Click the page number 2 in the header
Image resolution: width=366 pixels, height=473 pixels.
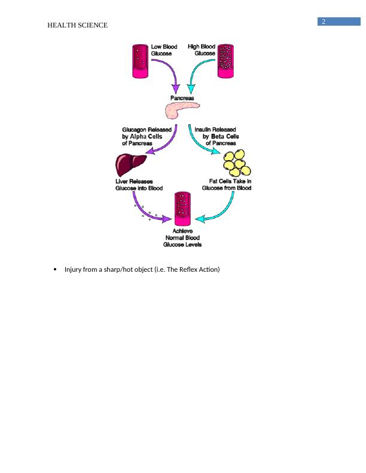[324, 22]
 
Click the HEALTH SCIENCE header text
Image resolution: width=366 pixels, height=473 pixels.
[78, 25]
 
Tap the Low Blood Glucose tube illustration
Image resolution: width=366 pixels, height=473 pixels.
[141, 60]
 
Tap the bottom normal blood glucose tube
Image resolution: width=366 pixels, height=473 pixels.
[182, 210]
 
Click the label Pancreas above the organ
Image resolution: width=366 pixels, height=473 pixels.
[182, 97]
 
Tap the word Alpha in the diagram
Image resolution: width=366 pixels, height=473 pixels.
[140, 136]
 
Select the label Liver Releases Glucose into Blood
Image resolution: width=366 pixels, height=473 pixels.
[138, 185]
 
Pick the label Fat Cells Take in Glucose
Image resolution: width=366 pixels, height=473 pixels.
[226, 185]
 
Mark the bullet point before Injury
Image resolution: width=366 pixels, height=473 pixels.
[54, 270]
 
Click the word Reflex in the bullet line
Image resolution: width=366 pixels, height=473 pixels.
[191, 270]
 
